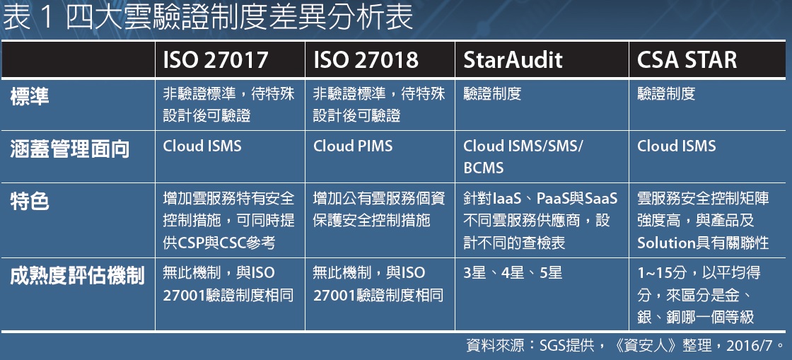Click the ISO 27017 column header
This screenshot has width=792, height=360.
point(215,60)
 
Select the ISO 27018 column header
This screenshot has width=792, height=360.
point(366,60)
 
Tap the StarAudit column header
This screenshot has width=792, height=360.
point(513,60)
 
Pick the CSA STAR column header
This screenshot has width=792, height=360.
point(687,60)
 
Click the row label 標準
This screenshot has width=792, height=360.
point(30,96)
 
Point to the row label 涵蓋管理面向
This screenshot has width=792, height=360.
point(70,150)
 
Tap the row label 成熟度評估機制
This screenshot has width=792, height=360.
point(77,276)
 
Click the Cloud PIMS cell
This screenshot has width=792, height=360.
point(353,146)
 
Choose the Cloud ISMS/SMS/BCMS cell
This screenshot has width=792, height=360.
point(523,156)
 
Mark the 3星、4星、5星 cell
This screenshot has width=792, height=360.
point(513,273)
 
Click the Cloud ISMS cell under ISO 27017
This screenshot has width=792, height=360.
point(202,146)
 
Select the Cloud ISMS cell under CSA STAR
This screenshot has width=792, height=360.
point(676,146)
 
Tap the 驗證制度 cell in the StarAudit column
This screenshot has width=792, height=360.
point(492,94)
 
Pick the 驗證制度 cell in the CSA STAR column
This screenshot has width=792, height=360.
point(665,94)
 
